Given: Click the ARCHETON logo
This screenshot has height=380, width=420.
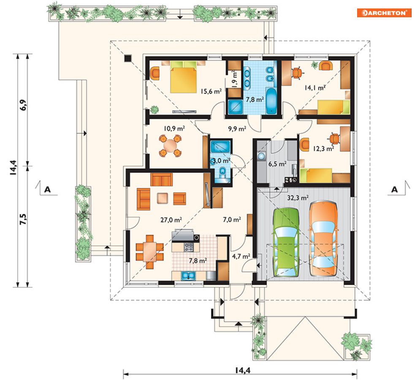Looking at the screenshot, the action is [384, 13].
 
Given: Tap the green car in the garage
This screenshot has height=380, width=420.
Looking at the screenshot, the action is [286, 242].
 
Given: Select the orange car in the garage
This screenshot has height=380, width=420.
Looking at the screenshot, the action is [323, 238].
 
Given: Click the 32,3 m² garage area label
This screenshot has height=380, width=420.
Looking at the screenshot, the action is [298, 198].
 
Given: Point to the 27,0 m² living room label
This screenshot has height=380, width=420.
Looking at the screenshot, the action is [171, 220].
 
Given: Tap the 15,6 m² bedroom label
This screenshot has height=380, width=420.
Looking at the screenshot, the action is [211, 91].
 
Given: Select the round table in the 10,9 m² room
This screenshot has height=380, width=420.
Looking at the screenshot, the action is [170, 146].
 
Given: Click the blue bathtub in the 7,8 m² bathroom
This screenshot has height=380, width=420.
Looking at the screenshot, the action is [271, 101].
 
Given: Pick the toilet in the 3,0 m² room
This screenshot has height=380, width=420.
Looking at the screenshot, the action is [222, 172].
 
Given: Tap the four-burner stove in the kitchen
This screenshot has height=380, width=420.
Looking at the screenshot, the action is [188, 247].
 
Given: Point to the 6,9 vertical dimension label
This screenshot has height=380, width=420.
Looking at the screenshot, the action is [23, 105].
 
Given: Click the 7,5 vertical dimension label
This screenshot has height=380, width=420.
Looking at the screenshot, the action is [23, 219].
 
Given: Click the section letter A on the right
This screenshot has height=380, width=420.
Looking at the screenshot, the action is [394, 190].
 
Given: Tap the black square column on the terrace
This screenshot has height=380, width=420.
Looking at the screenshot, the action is [128, 58].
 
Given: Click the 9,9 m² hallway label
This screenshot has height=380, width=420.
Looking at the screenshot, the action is [237, 129].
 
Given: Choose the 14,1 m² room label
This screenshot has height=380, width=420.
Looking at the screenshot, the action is [315, 87].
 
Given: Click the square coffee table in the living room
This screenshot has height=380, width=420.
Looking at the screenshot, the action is [163, 198].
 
